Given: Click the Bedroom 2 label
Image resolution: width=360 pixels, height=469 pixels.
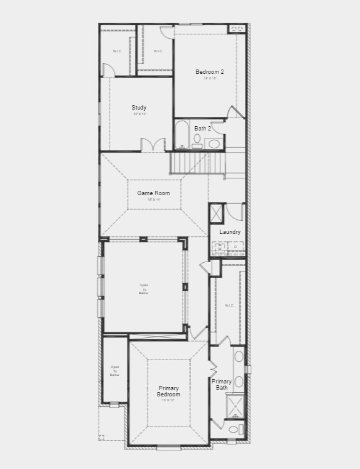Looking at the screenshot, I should pos(209,72).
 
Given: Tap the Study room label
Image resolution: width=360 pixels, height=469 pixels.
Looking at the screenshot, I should pos(139,108).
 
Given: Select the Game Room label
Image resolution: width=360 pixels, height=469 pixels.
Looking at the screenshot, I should pos(153,193).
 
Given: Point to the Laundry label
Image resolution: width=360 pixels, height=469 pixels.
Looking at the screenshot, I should pos(230,232).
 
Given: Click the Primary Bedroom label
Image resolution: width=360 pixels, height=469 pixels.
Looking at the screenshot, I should pos(169,391).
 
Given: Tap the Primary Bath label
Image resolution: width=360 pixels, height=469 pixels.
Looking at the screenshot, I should pos(222,385).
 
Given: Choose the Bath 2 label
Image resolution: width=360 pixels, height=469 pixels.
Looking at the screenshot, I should pos(202,129).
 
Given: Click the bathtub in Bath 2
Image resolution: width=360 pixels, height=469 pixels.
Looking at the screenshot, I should pos(182,135).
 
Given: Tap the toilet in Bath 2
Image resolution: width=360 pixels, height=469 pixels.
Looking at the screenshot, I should pos(198,141).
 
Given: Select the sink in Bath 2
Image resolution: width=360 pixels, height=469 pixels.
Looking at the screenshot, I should pos(214,144).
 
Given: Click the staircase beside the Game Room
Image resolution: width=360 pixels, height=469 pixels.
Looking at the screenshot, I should pos(190,163).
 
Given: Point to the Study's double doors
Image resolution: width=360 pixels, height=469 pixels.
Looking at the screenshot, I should pos(153,145).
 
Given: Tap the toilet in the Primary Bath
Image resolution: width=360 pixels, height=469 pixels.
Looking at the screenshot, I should pos(233,430).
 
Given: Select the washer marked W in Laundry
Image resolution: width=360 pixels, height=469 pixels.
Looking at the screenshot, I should pos(220,248).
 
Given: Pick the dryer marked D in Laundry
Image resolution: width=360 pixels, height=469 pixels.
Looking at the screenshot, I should pos(235,248).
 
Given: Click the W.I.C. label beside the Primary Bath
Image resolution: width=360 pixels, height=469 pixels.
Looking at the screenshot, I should pos(229,305).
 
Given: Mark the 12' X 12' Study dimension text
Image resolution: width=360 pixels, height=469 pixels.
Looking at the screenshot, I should pos(140,114).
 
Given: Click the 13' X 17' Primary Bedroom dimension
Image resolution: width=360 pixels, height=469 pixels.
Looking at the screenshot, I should pos(168,401).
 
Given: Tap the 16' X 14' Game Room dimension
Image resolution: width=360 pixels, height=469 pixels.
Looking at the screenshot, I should pos(153,200).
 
